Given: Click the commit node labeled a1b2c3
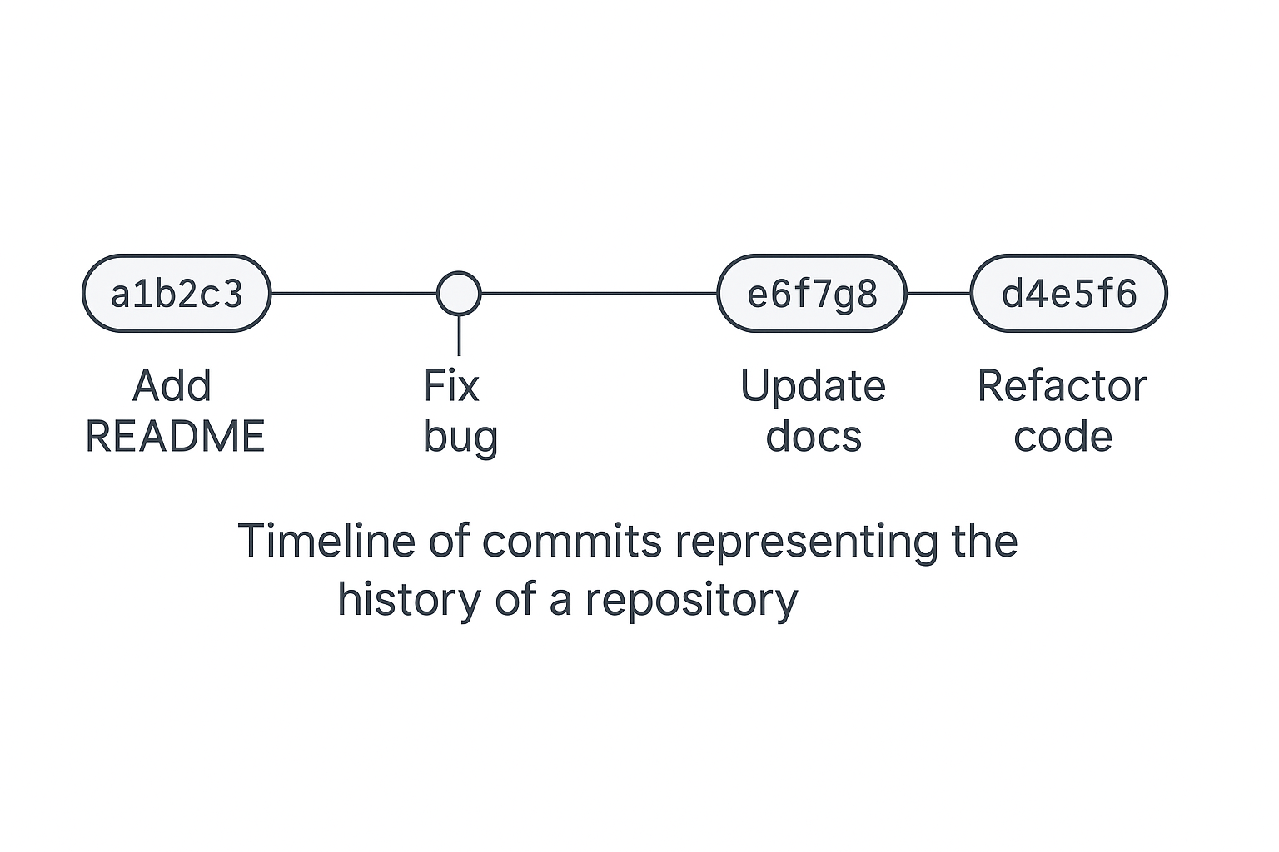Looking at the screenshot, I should [x=177, y=294].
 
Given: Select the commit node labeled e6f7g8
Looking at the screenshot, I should [x=812, y=294].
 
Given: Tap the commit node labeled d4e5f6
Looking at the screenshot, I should [x=1068, y=294].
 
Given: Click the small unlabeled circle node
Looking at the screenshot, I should [x=459, y=294].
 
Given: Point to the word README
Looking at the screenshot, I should [x=175, y=437].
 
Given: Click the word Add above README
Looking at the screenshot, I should [x=172, y=386].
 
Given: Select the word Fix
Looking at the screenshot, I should [x=451, y=386].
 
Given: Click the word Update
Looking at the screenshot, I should [x=813, y=386].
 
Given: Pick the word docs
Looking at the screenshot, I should [x=814, y=437].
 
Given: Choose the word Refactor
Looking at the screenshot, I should [x=1062, y=386].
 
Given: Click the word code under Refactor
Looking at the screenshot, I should [x=1063, y=437].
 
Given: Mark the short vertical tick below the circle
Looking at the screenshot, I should [x=459, y=336].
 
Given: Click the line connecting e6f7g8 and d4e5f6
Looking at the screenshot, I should [x=938, y=294].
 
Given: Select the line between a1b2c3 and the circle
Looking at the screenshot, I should [x=354, y=294].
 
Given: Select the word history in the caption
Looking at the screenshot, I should [x=409, y=600].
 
